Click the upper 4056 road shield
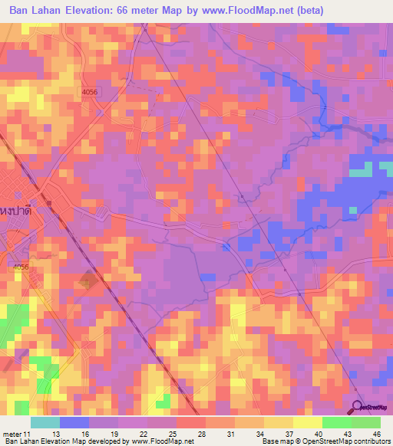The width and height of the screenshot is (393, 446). click(x=91, y=91)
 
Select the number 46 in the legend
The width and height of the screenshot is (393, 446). click(x=377, y=435)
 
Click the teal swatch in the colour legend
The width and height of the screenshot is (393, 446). click(x=45, y=422)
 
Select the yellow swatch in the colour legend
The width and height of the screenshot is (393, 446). click(x=308, y=422)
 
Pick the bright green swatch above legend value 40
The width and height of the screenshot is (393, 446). click(x=337, y=422)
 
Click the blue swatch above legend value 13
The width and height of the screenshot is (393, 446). click(x=74, y=422)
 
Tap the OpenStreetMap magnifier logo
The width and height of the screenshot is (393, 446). click(x=358, y=406)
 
